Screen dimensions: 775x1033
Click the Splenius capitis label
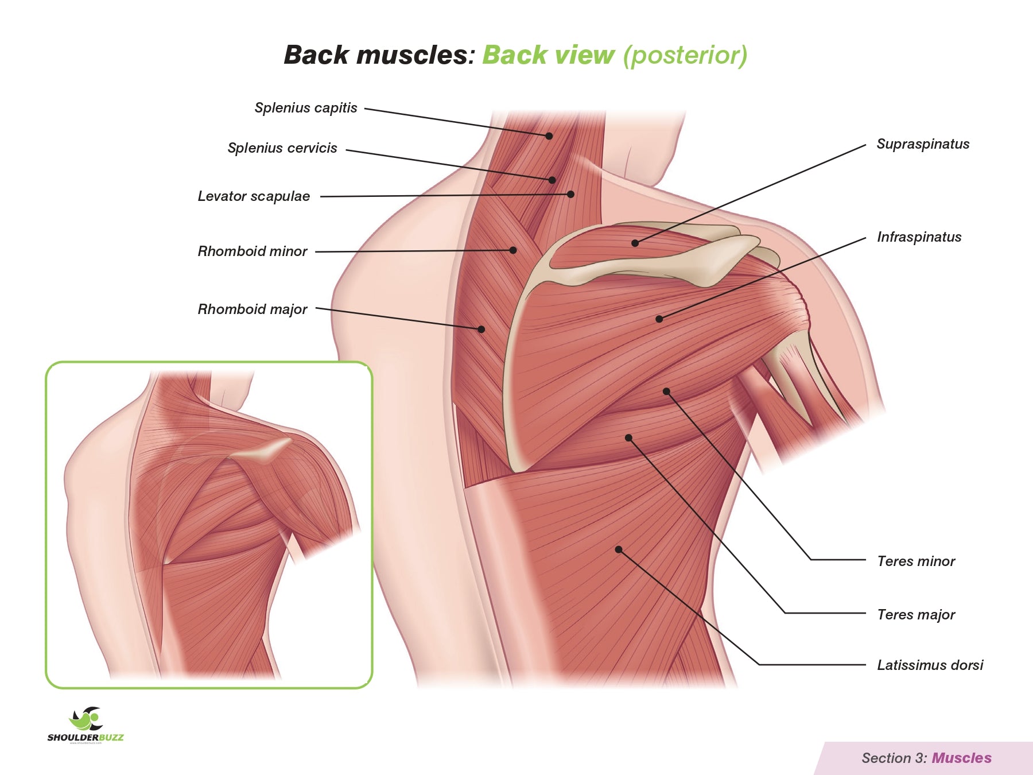(x=306, y=108)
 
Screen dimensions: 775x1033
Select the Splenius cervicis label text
(x=282, y=148)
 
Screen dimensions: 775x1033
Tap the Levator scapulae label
(x=254, y=196)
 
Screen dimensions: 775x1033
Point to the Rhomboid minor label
(x=253, y=251)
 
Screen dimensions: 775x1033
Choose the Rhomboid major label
(x=253, y=309)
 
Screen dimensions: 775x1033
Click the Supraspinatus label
(x=923, y=144)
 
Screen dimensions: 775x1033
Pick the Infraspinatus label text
(x=919, y=237)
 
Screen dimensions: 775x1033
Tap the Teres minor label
(x=916, y=561)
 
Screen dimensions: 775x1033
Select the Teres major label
(x=916, y=615)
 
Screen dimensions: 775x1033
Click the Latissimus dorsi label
(x=930, y=665)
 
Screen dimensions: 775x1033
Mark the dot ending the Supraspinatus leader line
(x=635, y=243)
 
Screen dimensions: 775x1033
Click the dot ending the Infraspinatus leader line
(x=659, y=319)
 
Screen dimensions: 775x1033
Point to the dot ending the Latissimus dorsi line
(x=619, y=549)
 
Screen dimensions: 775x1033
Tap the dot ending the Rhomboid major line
(x=481, y=330)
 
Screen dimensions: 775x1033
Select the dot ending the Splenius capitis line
(x=549, y=136)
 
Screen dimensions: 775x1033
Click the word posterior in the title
(x=685, y=56)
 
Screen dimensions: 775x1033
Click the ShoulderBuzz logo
(x=86, y=725)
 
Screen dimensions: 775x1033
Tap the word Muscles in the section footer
(x=961, y=758)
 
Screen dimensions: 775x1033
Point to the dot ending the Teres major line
(x=628, y=437)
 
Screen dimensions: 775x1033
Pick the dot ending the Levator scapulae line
(x=570, y=195)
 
